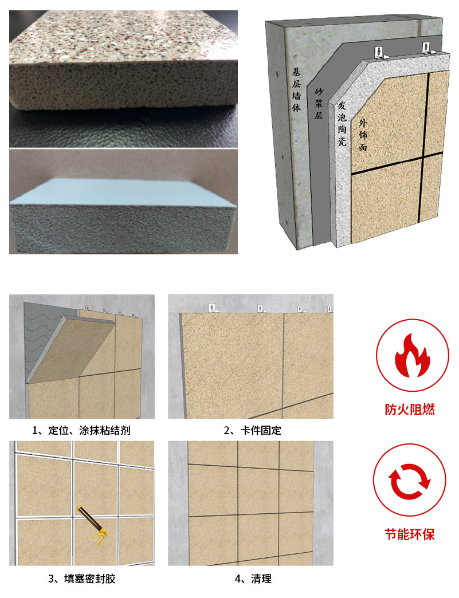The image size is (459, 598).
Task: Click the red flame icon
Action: pos(413,355)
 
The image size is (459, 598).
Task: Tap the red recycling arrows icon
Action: pos(409,481)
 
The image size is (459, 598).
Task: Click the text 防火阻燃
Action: pos(410,410)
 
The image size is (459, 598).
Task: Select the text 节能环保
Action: pos(410,534)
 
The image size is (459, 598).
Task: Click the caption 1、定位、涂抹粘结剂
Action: pos(81,431)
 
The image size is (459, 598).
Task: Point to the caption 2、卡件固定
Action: pos(252,431)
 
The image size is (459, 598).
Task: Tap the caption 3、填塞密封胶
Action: pos(81,579)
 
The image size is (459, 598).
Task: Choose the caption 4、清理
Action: pos(253,579)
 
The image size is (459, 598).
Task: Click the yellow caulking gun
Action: pos(93,524)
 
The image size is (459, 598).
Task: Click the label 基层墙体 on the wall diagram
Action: pos(296,89)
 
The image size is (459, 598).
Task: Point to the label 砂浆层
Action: pos(319,103)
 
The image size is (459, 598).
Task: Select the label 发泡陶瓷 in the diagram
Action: pos(342,123)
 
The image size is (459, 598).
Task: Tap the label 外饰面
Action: pos(363,135)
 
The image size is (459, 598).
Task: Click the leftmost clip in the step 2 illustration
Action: pos(212,308)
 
